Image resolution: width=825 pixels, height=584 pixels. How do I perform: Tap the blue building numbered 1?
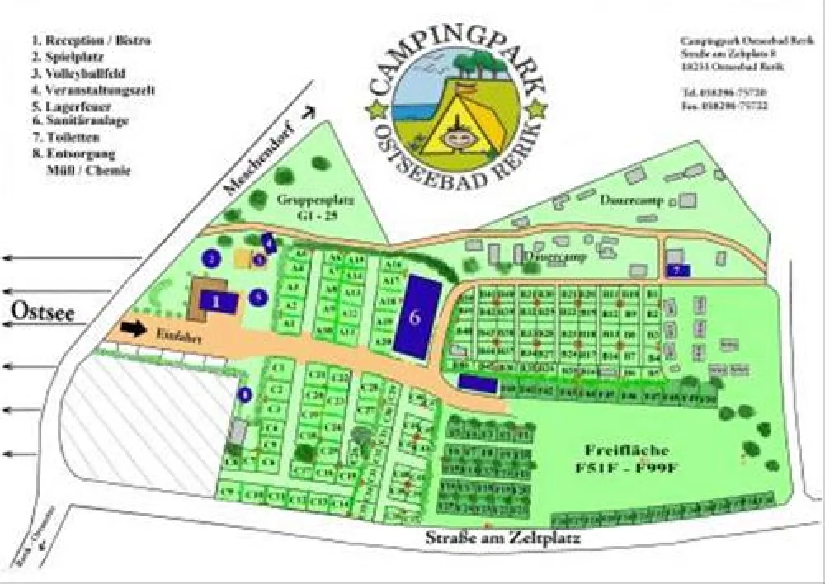(217, 301)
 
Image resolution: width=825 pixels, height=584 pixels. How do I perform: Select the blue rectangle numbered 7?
(676, 270)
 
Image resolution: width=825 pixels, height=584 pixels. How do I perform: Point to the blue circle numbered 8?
(244, 394)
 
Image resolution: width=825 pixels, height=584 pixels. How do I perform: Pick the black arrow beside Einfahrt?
(133, 329)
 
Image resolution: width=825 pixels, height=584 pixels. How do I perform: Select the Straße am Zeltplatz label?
(503, 539)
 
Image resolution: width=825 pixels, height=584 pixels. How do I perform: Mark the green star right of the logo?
(537, 107)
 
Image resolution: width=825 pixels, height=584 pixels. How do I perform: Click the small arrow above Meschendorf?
(309, 113)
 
